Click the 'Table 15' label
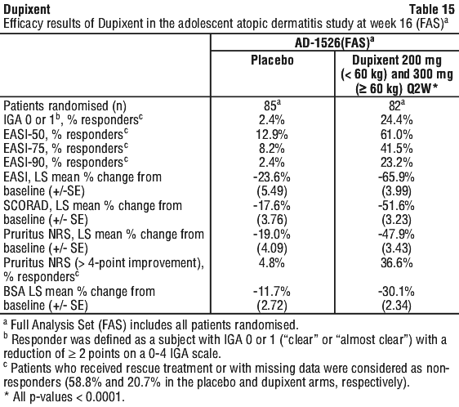[432, 9]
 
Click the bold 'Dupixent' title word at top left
[27, 9]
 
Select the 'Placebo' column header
[272, 60]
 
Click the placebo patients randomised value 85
[270, 105]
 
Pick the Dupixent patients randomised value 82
[395, 105]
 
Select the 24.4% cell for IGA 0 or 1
[396, 120]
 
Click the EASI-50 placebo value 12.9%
[272, 134]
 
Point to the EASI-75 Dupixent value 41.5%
[396, 148]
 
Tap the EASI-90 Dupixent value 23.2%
[396, 163]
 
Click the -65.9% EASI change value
[396, 177]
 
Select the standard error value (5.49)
[272, 191]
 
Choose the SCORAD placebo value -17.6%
[272, 206]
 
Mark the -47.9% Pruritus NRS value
[396, 234]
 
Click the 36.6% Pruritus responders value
[396, 263]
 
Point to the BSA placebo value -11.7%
[272, 292]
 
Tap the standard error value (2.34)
[396, 306]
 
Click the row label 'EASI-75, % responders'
[65, 148]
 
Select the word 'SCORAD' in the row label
[26, 206]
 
